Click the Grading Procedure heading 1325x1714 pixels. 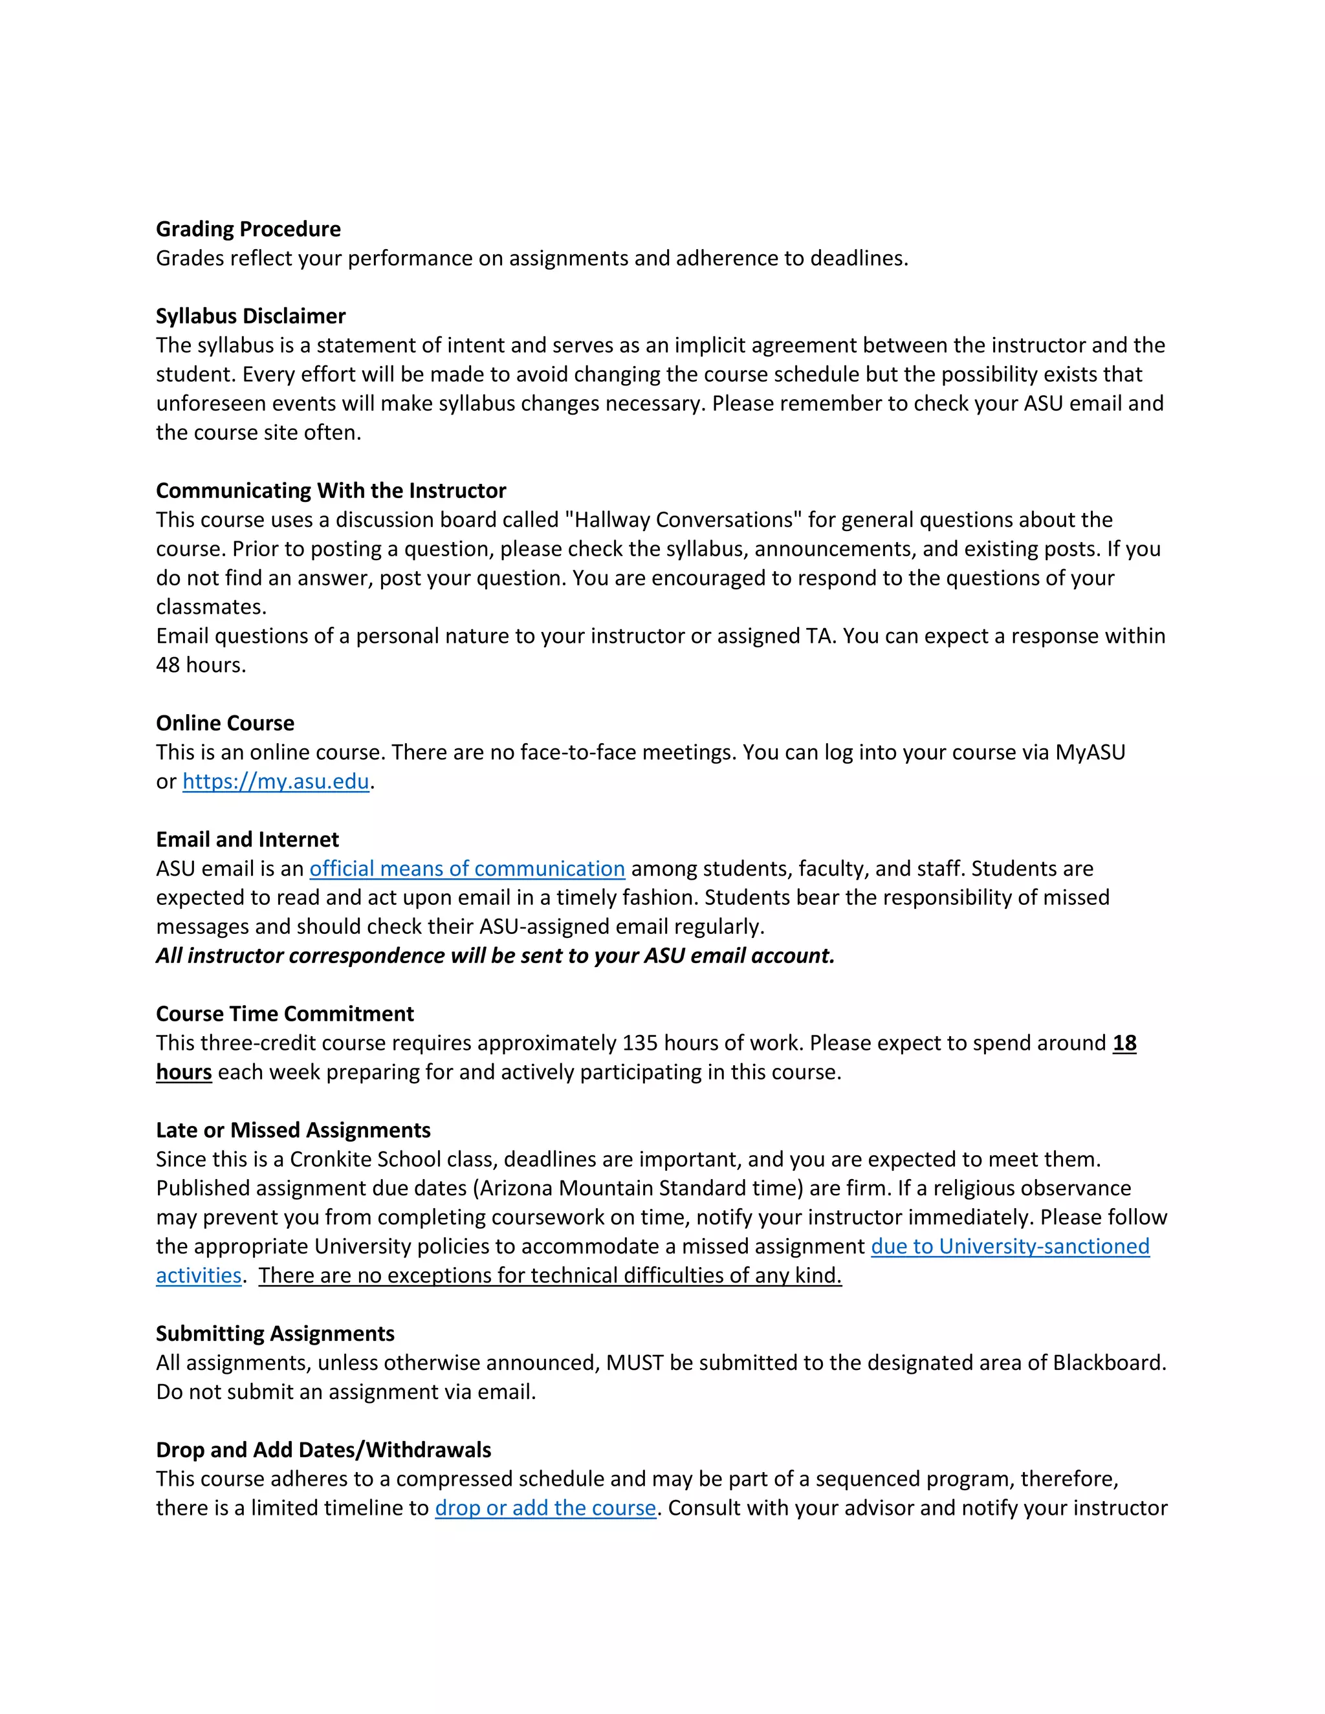coord(248,229)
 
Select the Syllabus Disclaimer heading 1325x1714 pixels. coord(250,316)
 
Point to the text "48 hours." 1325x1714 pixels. coord(201,665)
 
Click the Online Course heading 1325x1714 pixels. coord(225,723)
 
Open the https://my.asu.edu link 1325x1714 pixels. coord(276,782)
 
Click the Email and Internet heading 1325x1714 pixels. coord(247,840)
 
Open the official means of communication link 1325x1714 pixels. coord(467,869)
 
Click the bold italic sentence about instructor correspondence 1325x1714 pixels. coord(496,956)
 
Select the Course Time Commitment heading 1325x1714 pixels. coord(285,1014)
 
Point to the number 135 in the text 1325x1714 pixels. coord(640,1043)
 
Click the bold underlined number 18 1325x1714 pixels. coord(1124,1043)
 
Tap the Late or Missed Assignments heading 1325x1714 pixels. coord(293,1130)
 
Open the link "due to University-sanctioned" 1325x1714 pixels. coord(1010,1246)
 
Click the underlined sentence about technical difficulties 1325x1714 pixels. coord(549,1275)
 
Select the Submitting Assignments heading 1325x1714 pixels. coord(275,1334)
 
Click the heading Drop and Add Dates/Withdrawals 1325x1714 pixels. coord(323,1449)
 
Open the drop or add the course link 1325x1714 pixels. coord(545,1508)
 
